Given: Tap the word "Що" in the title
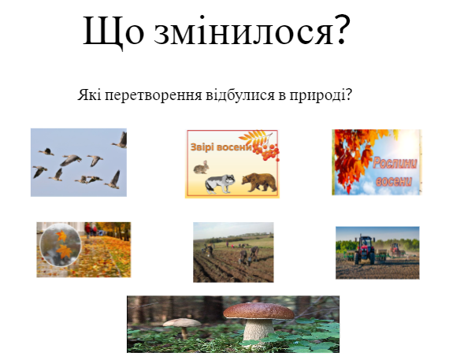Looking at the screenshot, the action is coord(113,31).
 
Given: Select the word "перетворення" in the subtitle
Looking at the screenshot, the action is coord(154,96).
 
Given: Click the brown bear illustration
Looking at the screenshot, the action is coord(259,182).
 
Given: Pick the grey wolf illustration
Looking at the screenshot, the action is coord(220,184).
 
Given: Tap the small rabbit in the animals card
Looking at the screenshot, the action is coord(201,168).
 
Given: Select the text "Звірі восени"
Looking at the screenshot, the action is coord(221,147).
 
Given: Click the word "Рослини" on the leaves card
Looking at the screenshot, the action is coord(395,163).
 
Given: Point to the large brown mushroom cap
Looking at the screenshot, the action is coord(259,311).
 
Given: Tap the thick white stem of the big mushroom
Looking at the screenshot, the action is coord(258,330).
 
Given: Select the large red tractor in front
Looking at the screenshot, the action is coord(364,251).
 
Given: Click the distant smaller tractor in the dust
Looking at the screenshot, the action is coord(395,251).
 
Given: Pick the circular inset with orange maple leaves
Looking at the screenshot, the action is coord(61,245).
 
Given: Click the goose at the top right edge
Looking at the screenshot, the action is coord(120,140).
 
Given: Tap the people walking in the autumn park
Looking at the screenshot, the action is coord(91,230).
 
